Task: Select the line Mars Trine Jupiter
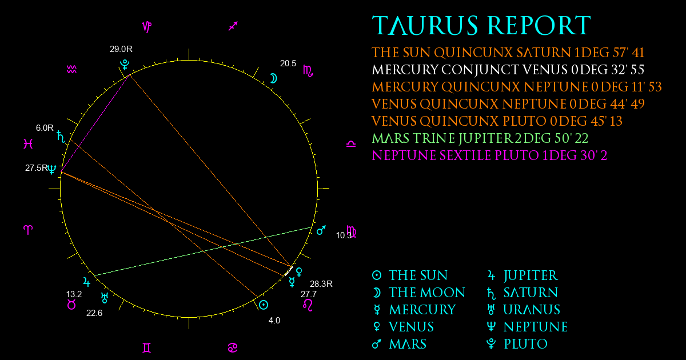tap(480, 138)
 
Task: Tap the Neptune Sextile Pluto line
tap(489, 155)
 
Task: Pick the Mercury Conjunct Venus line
tap(508, 70)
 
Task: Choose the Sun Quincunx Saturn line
tap(508, 53)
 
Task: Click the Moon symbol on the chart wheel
tap(273, 78)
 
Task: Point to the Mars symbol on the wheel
tap(321, 230)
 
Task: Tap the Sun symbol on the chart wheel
tap(264, 305)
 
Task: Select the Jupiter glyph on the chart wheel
tap(87, 282)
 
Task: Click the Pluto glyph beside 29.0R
tap(125, 65)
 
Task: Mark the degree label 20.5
tap(288, 63)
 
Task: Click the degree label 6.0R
tap(45, 127)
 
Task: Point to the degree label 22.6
tap(94, 313)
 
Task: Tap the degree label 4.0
tap(274, 321)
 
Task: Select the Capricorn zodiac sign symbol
tap(147, 27)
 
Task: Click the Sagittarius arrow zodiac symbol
tap(233, 26)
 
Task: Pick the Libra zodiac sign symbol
tap(351, 143)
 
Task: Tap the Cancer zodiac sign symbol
tap(233, 348)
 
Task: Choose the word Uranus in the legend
tap(532, 310)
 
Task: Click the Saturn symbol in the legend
tap(491, 293)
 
